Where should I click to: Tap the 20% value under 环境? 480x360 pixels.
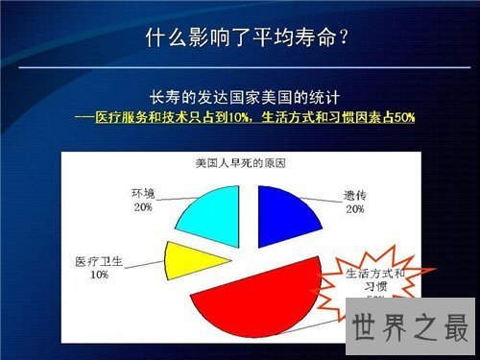[143, 207]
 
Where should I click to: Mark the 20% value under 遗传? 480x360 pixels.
[354, 208]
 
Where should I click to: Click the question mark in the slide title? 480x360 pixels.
[342, 38]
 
